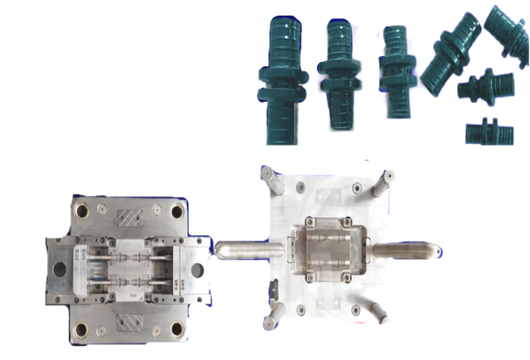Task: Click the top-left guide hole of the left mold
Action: tap(82, 209)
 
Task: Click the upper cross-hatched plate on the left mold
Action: tap(131, 218)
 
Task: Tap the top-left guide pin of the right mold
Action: tap(267, 173)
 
